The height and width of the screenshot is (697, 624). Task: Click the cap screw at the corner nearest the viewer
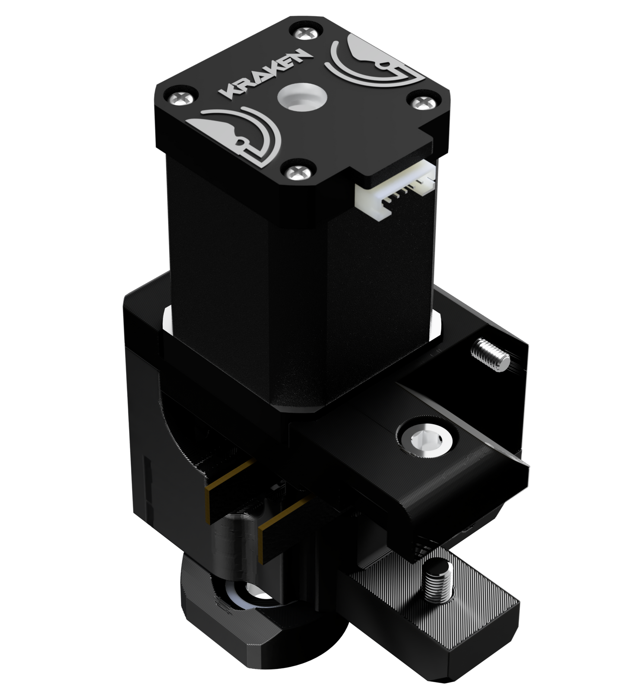pos(296,172)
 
